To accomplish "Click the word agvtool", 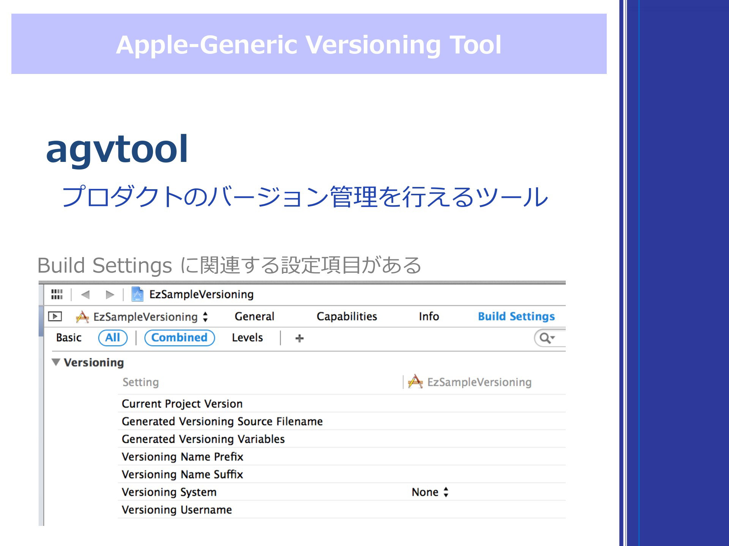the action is coord(117,150).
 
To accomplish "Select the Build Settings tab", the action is coord(516,316).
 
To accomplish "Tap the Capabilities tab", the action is coord(347,316).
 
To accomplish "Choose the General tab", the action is coord(254,316).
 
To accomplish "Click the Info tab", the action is coord(429,316).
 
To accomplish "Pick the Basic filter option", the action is coord(69,337).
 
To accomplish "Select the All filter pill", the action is coord(113,337).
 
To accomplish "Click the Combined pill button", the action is coord(180,337).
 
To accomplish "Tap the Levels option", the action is coord(247,337).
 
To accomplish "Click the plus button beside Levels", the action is coord(300,338).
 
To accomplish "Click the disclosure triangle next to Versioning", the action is coord(56,362).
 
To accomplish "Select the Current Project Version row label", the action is coord(182,404).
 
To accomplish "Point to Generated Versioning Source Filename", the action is coord(222,421).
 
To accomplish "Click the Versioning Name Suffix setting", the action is coord(182,474).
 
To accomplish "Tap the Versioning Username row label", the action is coord(177,510).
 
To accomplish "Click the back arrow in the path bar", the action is coord(85,295).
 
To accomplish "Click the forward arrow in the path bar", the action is coord(110,295).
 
